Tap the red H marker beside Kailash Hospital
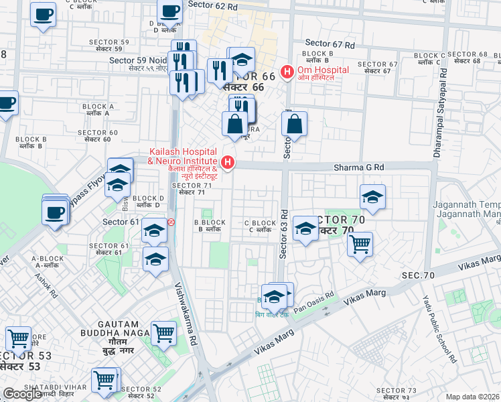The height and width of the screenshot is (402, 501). click(228, 162)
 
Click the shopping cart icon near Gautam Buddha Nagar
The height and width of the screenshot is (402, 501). click(163, 332)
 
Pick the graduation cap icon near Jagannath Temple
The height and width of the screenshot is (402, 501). click(372, 197)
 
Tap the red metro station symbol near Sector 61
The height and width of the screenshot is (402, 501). click(172, 222)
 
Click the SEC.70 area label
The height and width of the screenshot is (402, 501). click(419, 275)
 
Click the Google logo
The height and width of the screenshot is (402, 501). click(21, 394)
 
